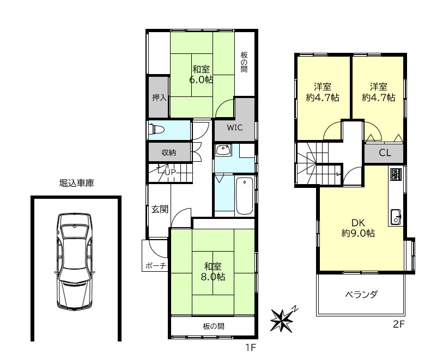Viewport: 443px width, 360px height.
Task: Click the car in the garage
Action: [75, 261]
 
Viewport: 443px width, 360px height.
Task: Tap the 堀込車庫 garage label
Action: [76, 184]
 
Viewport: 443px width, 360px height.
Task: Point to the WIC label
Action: [235, 129]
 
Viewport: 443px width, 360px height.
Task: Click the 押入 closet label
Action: [159, 98]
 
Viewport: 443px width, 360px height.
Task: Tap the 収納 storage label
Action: [168, 152]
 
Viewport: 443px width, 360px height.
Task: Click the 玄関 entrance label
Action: [160, 209]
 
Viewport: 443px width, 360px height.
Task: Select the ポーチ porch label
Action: [155, 266]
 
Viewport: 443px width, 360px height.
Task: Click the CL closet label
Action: [385, 153]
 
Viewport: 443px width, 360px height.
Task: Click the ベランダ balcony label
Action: [361, 295]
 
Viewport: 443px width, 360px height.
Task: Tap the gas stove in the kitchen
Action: [396, 175]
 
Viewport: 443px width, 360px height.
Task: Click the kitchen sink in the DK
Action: [395, 216]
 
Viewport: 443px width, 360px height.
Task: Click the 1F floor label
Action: [250, 346]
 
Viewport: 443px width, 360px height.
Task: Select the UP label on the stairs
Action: [170, 173]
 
